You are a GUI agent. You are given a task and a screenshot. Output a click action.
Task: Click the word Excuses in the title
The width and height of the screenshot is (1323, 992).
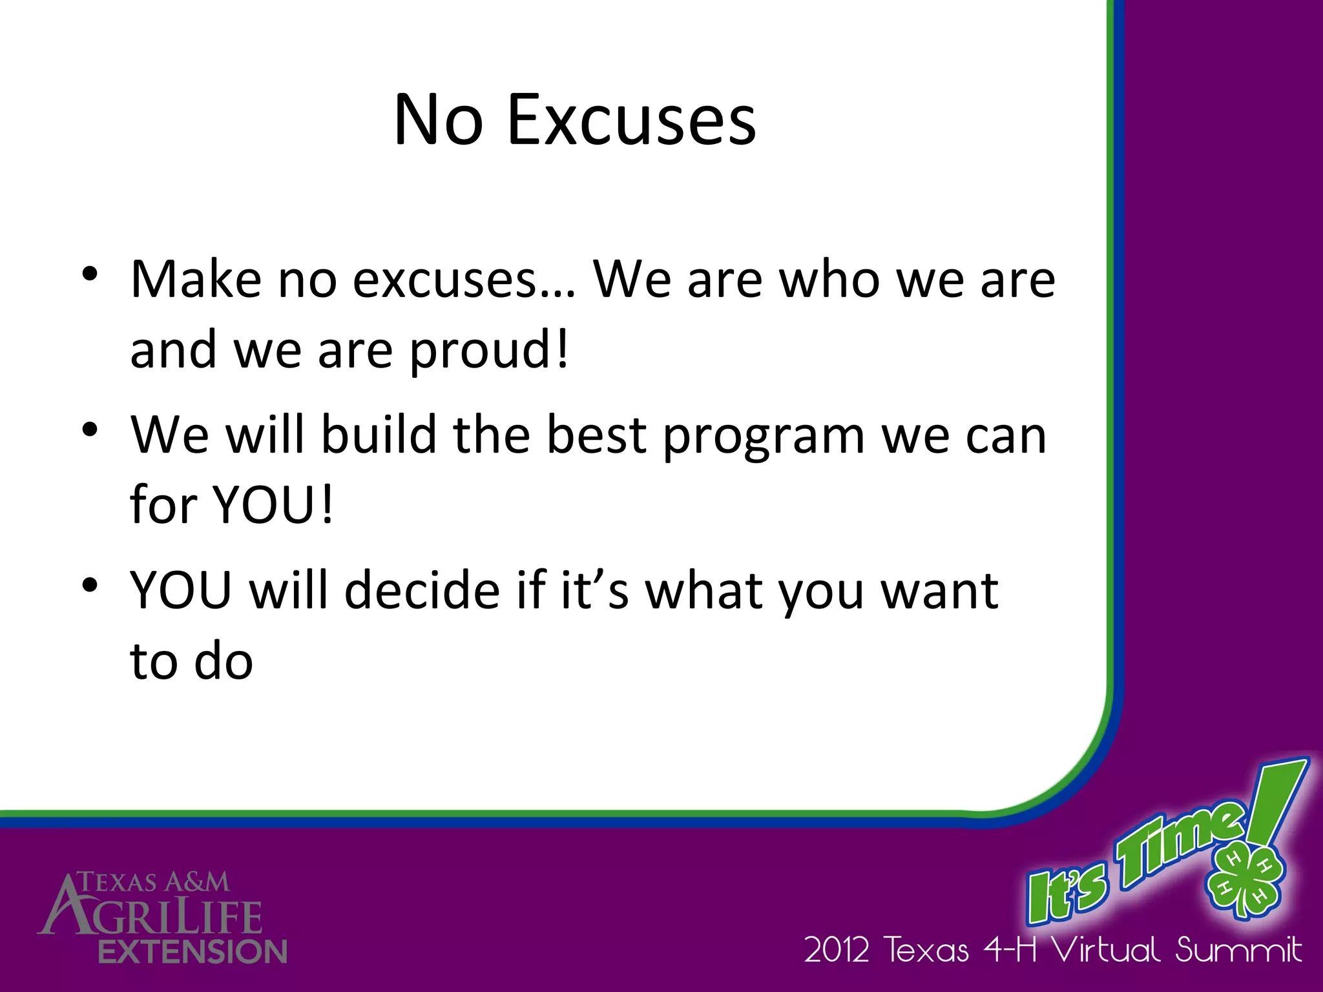coord(631,121)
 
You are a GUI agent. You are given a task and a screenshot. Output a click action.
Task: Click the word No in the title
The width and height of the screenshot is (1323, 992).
coord(438,121)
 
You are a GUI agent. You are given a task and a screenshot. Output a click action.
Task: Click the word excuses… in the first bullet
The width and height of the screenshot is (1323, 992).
coord(463,280)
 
